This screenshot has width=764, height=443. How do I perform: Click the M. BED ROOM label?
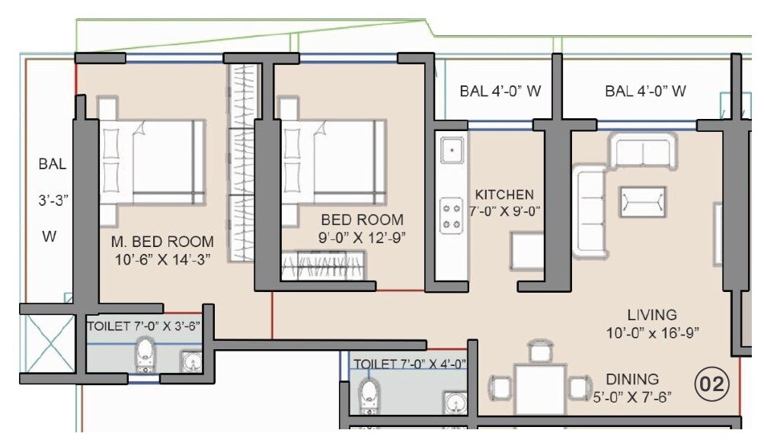click(162, 242)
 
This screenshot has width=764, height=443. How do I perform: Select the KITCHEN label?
click(503, 194)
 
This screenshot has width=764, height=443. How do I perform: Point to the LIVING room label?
click(652, 314)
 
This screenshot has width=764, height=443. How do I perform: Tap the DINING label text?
click(632, 379)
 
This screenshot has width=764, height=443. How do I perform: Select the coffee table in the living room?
click(642, 201)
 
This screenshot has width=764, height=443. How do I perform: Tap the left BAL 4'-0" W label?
click(500, 91)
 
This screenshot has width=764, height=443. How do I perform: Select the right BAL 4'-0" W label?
click(646, 91)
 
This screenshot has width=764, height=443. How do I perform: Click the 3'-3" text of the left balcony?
click(54, 201)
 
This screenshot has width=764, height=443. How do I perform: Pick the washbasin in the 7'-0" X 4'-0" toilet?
click(455, 401)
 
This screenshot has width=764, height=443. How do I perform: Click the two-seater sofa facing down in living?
click(643, 150)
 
